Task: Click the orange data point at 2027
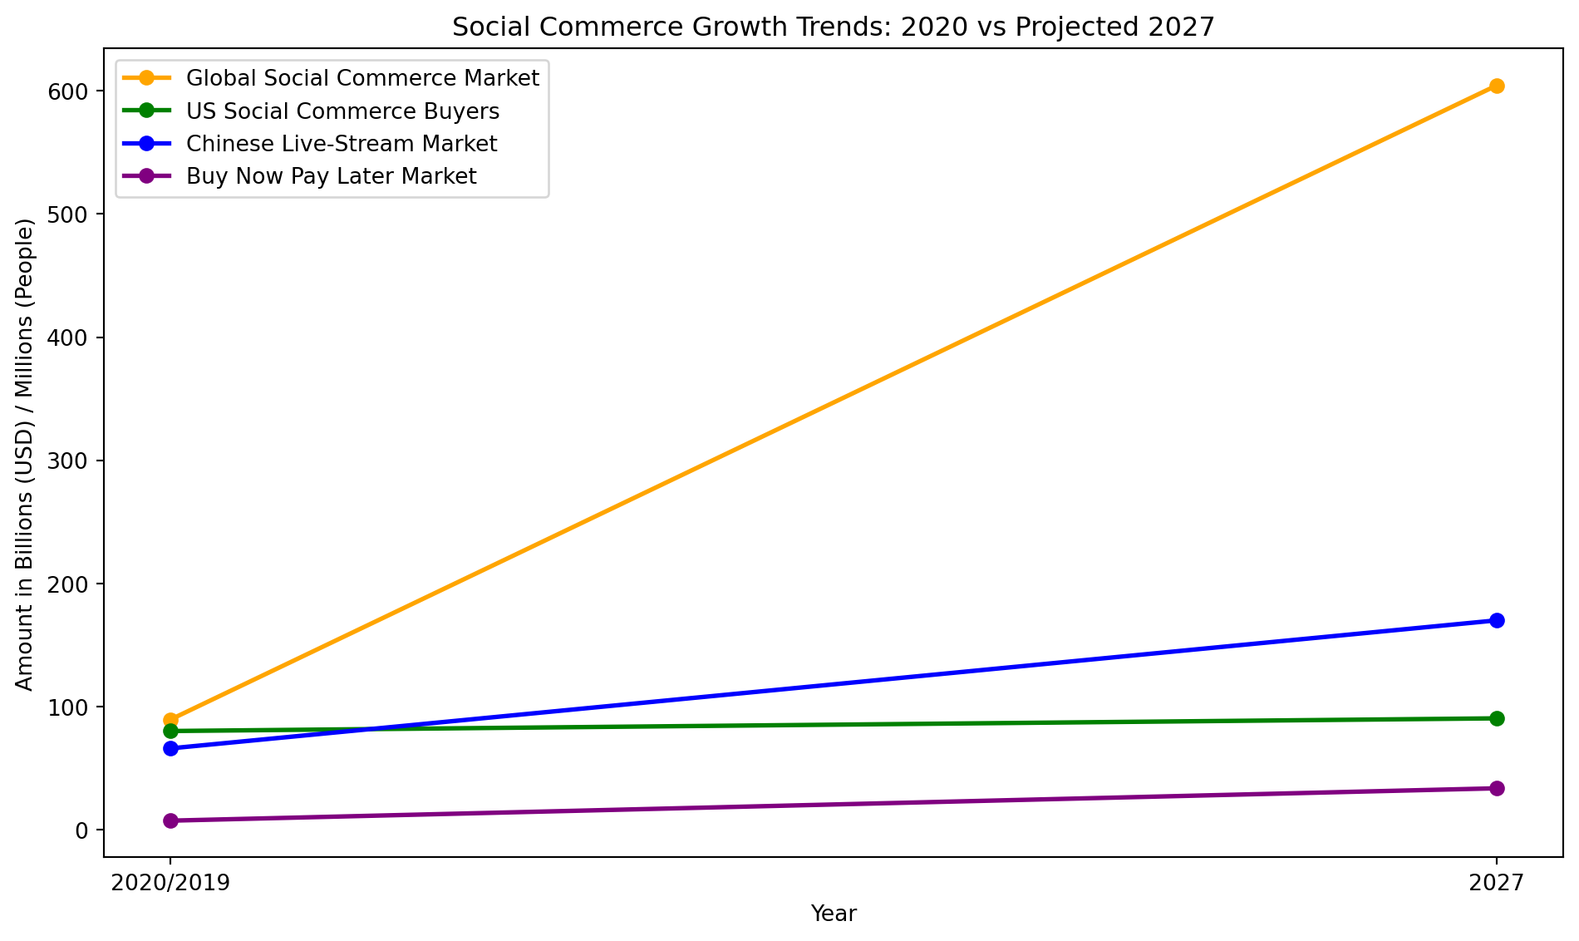[1497, 86]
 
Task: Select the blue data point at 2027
[1497, 620]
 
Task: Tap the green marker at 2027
[1497, 718]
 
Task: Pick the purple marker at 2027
[1497, 788]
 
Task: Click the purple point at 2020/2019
[170, 820]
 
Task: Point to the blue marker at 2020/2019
[170, 748]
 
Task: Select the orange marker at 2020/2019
[170, 720]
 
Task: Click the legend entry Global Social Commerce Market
[362, 78]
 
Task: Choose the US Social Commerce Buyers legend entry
[342, 111]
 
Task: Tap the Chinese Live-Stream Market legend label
[342, 144]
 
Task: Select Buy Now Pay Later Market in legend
[332, 176]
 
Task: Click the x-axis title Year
[834, 914]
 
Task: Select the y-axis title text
[25, 454]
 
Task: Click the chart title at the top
[834, 27]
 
